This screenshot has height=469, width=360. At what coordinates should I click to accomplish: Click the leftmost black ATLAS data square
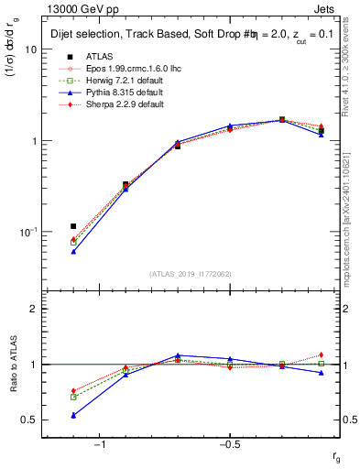pos(73,225)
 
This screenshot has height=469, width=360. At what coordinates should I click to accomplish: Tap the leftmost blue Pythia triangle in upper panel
pos(73,251)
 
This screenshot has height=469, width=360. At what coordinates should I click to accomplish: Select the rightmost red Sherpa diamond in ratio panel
pos(321,354)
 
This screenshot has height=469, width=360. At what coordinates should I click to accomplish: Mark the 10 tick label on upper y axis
pos(29,50)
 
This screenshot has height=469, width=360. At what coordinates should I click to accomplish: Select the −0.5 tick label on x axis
pos(229,445)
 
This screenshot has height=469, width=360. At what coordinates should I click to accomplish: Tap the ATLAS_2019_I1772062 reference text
pos(191,273)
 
